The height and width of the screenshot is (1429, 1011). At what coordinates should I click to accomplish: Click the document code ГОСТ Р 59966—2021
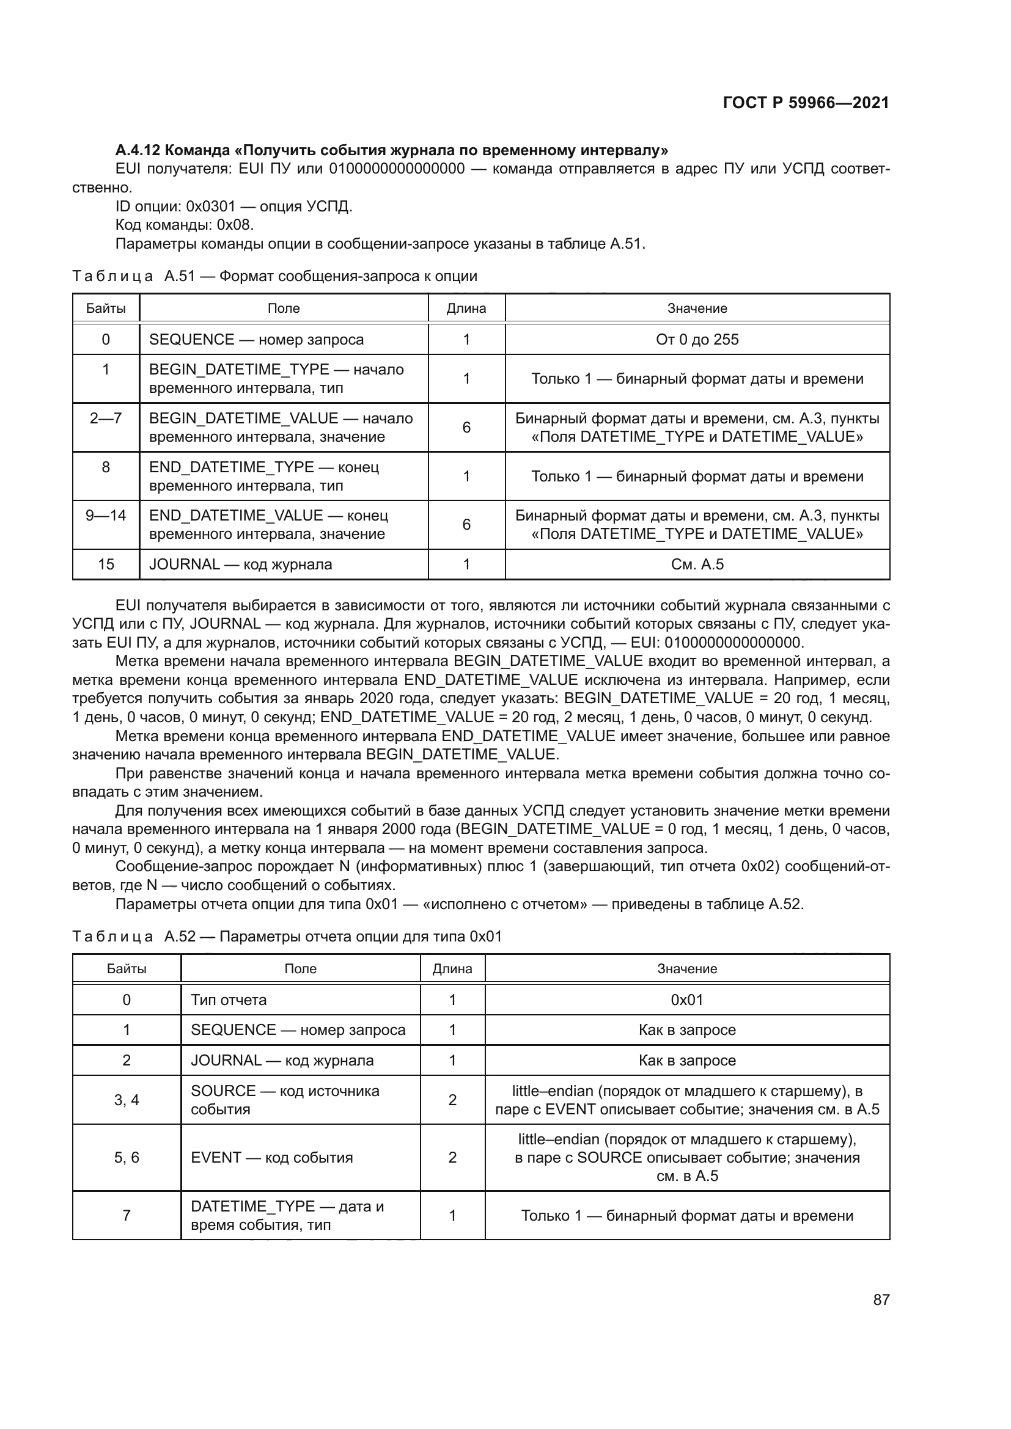pos(806,103)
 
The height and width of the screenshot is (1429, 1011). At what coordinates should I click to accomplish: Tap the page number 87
pos(881,1299)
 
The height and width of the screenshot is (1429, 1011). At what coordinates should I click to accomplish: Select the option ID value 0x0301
pos(210,206)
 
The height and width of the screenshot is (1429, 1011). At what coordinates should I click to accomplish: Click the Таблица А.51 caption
pos(274,276)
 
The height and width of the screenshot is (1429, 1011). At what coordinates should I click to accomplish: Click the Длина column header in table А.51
pos(466,308)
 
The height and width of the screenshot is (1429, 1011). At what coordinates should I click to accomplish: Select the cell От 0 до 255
pos(697,340)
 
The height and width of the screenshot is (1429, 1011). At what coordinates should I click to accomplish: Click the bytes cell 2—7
pos(106,418)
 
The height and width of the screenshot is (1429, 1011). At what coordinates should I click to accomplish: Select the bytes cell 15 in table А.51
pos(106,565)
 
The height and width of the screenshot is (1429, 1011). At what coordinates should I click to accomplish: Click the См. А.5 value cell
pos(697,565)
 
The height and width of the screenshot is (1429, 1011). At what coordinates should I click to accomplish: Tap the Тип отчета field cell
pos(229,1000)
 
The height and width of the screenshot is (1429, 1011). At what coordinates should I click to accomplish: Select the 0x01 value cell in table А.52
pos(686,1000)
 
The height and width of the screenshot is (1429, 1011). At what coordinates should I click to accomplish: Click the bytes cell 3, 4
pos(127,1100)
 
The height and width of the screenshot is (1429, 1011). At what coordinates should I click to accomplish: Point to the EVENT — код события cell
pos(271,1158)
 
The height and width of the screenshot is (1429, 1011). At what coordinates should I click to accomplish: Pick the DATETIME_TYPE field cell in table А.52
pos(287,1216)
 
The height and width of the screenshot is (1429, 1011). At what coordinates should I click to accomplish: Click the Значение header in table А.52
pos(686,969)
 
